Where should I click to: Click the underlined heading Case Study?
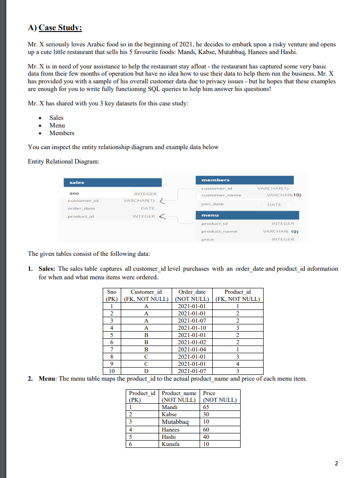coord(60,28)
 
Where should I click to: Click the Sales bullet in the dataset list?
coord(56,118)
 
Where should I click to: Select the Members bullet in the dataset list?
coord(62,133)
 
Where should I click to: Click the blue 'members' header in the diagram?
coord(216,180)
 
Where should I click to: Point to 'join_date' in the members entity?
coord(212,204)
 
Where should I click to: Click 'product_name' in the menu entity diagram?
coord(219,231)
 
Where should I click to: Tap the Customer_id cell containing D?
coord(146,371)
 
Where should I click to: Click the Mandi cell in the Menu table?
coord(169,407)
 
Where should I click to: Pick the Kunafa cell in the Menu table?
coord(170,444)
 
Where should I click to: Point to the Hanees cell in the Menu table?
coord(170,429)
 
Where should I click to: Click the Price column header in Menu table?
coord(210,393)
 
